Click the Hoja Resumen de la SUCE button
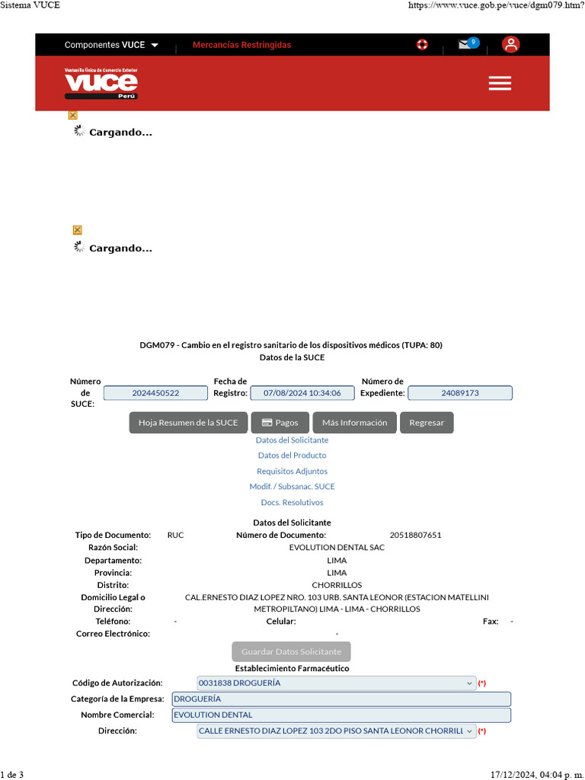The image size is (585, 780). coord(188,423)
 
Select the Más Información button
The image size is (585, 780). coord(354,423)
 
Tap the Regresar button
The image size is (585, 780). coord(427,423)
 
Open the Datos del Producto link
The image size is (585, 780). coord(292,456)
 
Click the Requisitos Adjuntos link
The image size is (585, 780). coord(292,472)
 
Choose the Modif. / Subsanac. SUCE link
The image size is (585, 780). coord(292,487)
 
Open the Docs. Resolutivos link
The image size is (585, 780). coord(292,503)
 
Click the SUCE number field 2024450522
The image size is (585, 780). coord(155,393)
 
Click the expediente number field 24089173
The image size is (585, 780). coord(460,393)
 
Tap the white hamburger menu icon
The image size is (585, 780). coord(500,84)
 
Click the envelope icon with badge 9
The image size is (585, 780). coord(466,44)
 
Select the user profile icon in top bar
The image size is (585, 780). coord(510,44)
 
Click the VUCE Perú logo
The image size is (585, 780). coord(101,83)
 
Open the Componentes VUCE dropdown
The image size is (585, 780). coord(111,45)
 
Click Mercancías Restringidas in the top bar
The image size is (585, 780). coord(241,45)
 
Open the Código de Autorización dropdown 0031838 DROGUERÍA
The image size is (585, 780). coord(336,683)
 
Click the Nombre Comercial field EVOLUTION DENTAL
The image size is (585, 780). coord(341,715)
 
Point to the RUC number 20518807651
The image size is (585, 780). coord(415,535)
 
